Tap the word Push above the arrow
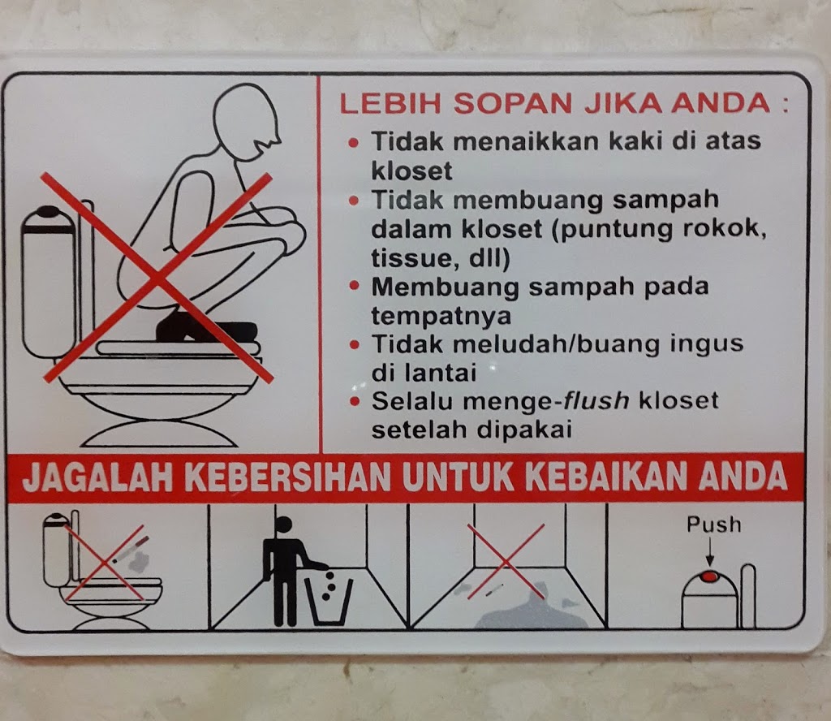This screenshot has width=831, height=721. point(714,525)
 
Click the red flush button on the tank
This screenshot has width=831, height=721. point(709,576)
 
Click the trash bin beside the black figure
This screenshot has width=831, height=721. point(329,602)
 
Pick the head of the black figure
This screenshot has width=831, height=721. point(284,525)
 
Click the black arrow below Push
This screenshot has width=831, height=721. point(709,552)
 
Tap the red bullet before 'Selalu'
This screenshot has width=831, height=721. point(354,401)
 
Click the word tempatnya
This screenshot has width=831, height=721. point(441,316)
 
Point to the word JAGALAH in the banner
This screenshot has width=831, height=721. point(97,477)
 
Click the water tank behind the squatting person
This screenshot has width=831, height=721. point(48,281)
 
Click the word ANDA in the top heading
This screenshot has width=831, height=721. point(721,103)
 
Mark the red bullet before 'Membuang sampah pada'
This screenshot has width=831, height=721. point(354,287)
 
